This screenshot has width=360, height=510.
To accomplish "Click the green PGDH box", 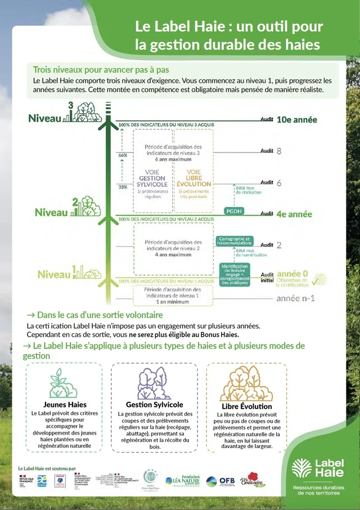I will coord(233,211).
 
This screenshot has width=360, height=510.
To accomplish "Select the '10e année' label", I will coord(296,120).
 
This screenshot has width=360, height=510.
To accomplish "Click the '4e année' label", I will coord(293,214).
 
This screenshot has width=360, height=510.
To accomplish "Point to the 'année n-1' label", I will coord(295,298).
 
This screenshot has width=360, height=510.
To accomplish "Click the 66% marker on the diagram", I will coord(123,155).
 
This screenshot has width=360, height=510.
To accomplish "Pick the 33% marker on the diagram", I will coord(123,187).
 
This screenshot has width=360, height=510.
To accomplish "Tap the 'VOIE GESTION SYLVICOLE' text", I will coord(152,178).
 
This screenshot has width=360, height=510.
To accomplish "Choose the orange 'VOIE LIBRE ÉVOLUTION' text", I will coord(193,178).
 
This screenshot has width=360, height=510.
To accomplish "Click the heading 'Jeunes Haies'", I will coord(65,405).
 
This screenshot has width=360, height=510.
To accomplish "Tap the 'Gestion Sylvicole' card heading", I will coord(154,405).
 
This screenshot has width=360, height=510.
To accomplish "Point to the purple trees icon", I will coord(154,383).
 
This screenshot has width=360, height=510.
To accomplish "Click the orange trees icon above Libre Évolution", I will coord(246,384).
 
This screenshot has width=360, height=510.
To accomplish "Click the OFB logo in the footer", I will coord(220,481).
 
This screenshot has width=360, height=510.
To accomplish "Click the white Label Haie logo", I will coord(318,467).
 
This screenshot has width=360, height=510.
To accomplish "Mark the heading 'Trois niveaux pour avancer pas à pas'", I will coord(101,70).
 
